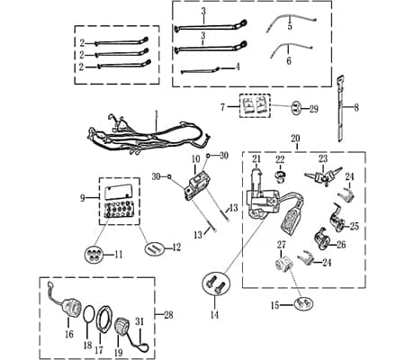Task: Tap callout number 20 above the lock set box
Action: [x=295, y=139]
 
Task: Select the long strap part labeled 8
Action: [x=341, y=109]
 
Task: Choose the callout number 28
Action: [x=168, y=315]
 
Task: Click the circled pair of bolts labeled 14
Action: [x=215, y=283]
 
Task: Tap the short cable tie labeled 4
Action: [x=200, y=71]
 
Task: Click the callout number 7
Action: [x=222, y=107]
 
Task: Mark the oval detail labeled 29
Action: [x=296, y=108]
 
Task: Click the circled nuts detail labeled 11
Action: [x=94, y=255]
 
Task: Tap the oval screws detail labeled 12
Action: [x=155, y=248]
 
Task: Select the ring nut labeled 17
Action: [x=103, y=318]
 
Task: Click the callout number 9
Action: [x=83, y=198]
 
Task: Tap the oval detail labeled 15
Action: [x=303, y=303]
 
